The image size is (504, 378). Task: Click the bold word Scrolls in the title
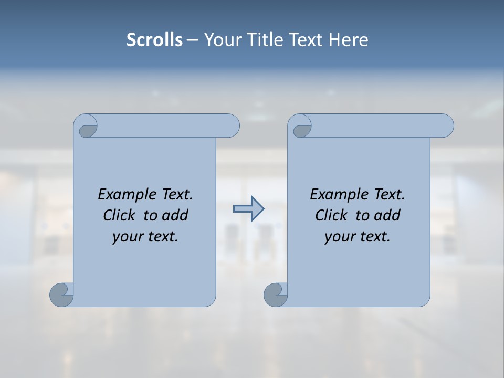pyautogui.click(x=154, y=40)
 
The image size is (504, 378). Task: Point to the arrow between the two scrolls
pyautogui.click(x=248, y=209)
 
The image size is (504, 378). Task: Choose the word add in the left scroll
pyautogui.click(x=176, y=215)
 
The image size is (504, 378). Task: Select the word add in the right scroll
pyautogui.click(x=388, y=215)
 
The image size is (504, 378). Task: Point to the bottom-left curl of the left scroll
pyautogui.click(x=61, y=295)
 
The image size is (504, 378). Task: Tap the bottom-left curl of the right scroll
pyautogui.click(x=275, y=295)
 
